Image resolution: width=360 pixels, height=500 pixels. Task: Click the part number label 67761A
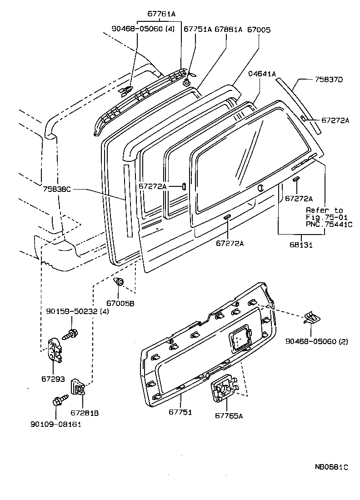pyautogui.click(x=161, y=14)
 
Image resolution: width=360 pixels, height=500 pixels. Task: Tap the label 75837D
pyautogui.click(x=328, y=80)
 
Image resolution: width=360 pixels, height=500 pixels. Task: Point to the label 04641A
pyautogui.click(x=262, y=74)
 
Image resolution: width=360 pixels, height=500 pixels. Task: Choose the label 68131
pyautogui.click(x=300, y=245)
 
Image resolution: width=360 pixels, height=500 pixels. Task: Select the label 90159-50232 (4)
pyautogui.click(x=77, y=311)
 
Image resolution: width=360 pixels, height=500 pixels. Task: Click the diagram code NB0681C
pyautogui.click(x=332, y=467)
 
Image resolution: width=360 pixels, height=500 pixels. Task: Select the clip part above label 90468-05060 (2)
pyautogui.click(x=312, y=318)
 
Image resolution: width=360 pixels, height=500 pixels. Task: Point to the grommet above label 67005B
pyautogui.click(x=120, y=282)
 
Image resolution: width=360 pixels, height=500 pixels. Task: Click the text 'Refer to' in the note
pyautogui.click(x=324, y=210)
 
